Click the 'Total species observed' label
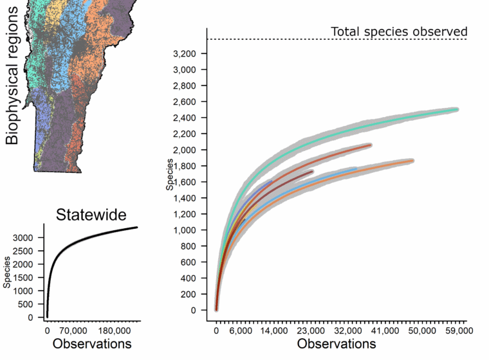pos(398,31)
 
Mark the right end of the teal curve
pos(456,110)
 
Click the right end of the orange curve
pos(411,161)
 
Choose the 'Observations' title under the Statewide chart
pos(92,344)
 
